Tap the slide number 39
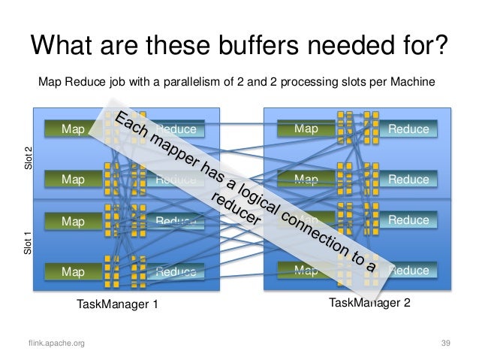point(445,343)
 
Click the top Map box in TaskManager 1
point(74,129)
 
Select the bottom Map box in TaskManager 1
point(74,271)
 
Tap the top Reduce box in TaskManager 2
point(408,129)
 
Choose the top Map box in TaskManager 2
point(306,129)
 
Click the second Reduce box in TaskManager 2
point(408,180)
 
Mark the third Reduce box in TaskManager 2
point(408,220)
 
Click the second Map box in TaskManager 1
point(74,180)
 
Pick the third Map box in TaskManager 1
point(74,222)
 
